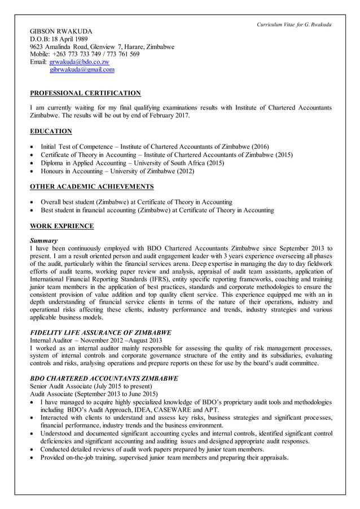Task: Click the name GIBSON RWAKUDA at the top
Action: click(x=61, y=30)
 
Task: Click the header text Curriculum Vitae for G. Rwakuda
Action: click(x=294, y=24)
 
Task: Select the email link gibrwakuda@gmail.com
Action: click(x=82, y=69)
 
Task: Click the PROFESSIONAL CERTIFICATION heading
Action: click(x=85, y=93)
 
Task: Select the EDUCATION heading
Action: click(x=51, y=131)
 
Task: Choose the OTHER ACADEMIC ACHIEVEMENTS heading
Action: click(x=91, y=187)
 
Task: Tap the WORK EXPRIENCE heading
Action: click(x=62, y=226)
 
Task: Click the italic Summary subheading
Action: click(x=43, y=240)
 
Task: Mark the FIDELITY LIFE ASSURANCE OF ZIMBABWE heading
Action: click(x=100, y=332)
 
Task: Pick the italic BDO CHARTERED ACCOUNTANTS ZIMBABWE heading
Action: click(x=104, y=378)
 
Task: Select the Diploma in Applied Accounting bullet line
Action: click(x=132, y=163)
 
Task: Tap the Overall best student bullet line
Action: click(x=136, y=202)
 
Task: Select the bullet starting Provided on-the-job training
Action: click(x=164, y=457)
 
